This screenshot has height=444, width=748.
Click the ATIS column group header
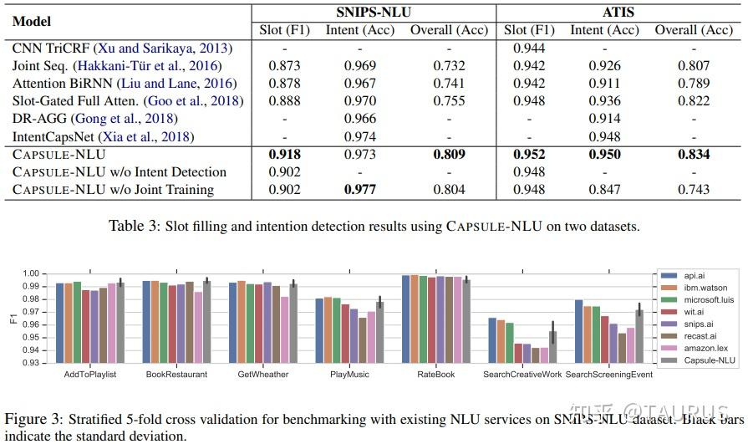618,12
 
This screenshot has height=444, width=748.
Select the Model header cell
33,22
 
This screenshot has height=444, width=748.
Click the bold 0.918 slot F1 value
285,155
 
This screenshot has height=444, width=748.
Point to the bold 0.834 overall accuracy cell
693,155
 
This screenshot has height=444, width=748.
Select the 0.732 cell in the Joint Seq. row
449,66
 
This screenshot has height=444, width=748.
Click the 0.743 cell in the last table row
693,189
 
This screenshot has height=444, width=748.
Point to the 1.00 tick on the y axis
31,273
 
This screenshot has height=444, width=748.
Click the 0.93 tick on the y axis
31,363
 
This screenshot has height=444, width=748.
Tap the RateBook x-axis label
435,374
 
